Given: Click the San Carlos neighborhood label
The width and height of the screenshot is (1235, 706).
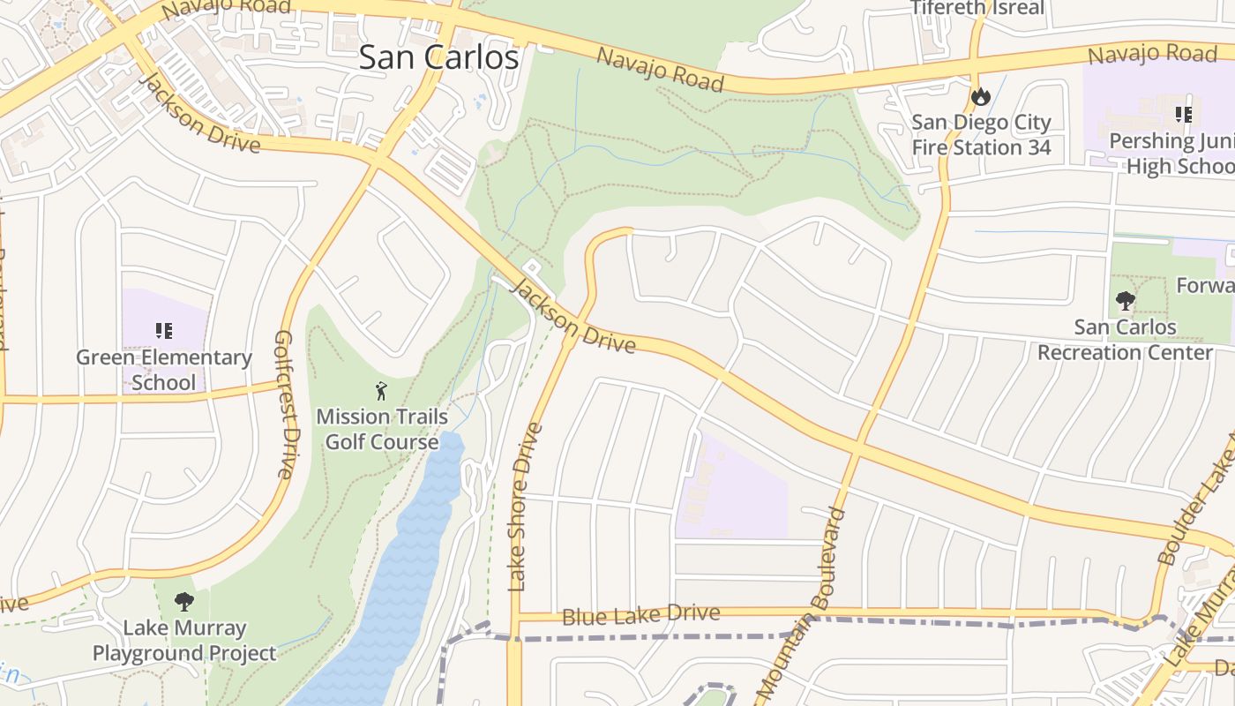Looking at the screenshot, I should (438, 57).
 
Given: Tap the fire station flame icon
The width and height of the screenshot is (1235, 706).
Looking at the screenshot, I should (980, 96).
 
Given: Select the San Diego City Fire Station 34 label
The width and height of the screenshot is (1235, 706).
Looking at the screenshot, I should (981, 135).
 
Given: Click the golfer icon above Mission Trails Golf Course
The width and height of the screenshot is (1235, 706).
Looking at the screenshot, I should (381, 389).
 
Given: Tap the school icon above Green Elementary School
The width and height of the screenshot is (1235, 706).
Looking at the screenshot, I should (163, 331).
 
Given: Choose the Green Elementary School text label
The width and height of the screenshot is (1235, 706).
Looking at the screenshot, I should (164, 370).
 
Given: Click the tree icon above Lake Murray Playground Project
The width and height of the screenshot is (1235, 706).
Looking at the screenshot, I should (183, 602).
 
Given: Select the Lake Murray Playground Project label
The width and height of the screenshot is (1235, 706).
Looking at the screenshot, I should (184, 641).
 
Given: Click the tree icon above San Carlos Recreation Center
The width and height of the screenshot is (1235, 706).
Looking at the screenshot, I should (1125, 301).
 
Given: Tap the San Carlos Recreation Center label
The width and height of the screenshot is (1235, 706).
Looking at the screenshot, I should (1125, 340).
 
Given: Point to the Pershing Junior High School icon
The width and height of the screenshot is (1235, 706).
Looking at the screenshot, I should (1183, 114).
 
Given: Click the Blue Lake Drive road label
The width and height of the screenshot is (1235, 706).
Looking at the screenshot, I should (640, 615).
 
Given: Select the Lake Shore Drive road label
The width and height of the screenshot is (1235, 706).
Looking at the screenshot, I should (526, 507).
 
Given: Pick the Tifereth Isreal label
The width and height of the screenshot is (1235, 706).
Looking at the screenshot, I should (977, 8).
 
